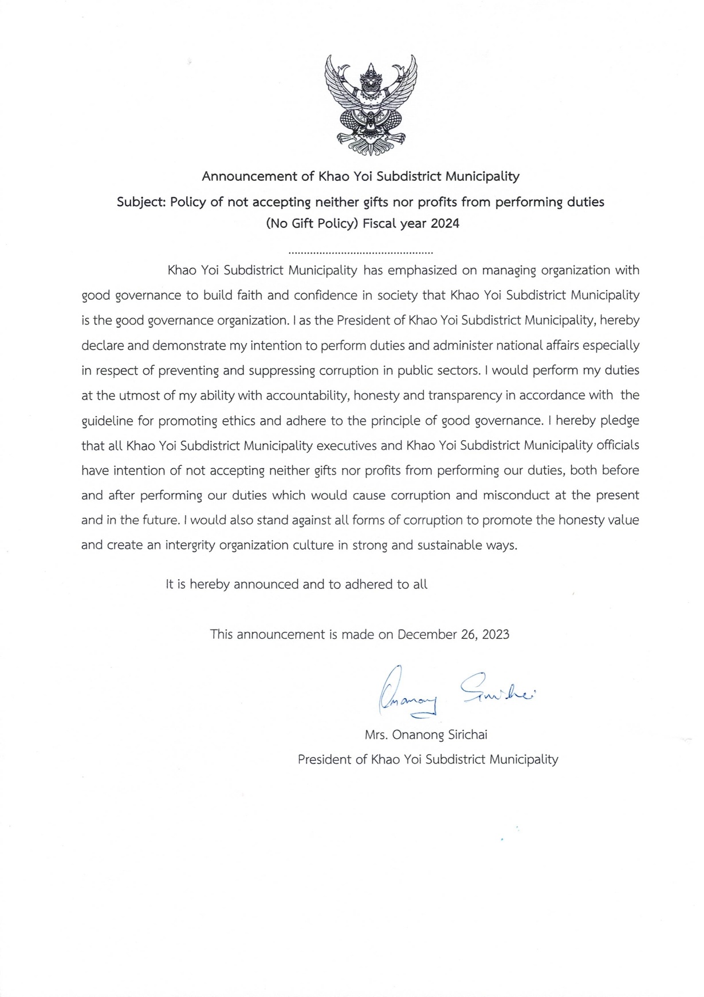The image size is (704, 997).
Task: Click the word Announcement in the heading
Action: coord(250,176)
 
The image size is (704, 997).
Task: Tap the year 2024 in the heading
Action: coord(445,224)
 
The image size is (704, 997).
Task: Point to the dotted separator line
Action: coord(361,252)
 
